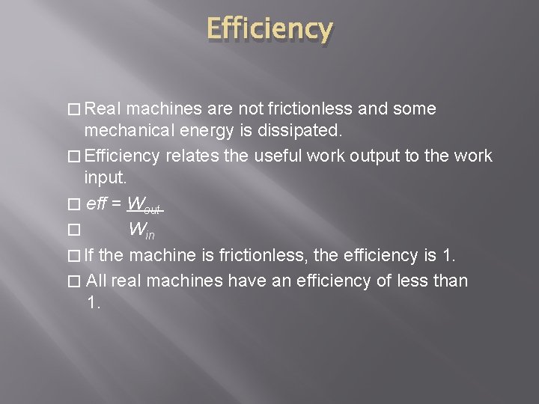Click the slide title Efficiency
(x=269, y=29)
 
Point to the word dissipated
(x=304, y=132)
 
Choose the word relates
(x=192, y=156)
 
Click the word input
(x=105, y=178)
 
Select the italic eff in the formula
(x=96, y=203)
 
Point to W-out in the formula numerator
(x=144, y=203)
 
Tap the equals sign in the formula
(x=116, y=203)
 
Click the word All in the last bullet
(x=98, y=281)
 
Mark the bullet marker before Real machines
(x=72, y=110)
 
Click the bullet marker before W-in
(x=72, y=230)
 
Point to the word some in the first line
(x=413, y=109)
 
